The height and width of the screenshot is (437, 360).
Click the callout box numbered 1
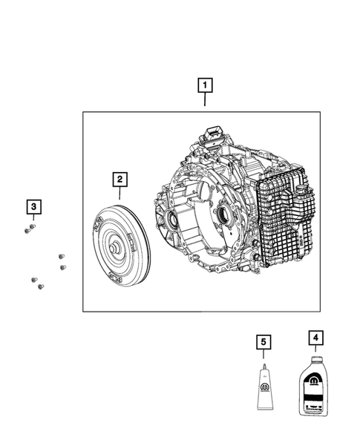pos(204,85)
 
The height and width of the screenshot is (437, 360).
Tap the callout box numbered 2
pos(119,179)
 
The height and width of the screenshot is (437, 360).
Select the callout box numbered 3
pos(33,206)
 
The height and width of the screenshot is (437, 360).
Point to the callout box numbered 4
pos(316,338)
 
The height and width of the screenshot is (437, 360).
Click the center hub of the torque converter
pos(116,246)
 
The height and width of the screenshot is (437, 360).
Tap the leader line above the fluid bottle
pos(316,351)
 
